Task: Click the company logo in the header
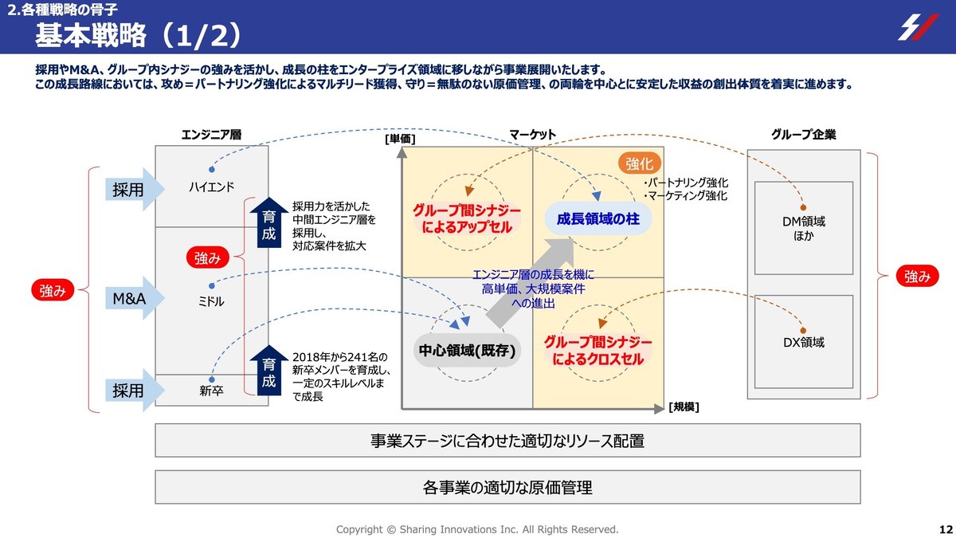pos(918,27)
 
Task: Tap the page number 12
pos(946,529)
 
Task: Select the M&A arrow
pos(133,298)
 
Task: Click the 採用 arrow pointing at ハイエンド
pos(133,189)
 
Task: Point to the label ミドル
pos(211,302)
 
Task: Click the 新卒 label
pos(211,391)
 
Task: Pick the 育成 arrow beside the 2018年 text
pos(268,372)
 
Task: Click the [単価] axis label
pos(400,139)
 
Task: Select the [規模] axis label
pos(684,406)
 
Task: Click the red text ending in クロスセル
pos(597,350)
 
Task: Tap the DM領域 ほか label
pos(803,229)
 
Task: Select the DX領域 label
pos(803,343)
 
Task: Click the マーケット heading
pos(532,135)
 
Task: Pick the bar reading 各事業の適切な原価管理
pos(507,487)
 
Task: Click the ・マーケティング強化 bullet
pos(684,196)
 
